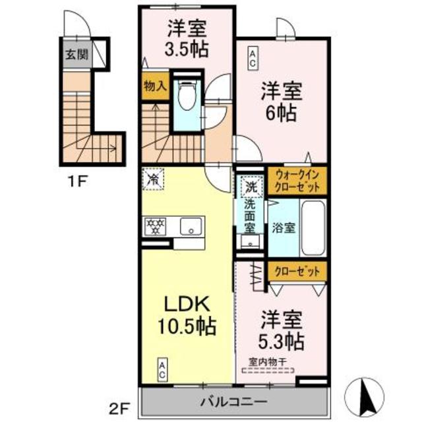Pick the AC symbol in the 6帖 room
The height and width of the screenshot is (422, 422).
tap(253, 57)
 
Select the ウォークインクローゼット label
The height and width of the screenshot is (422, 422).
tap(297, 181)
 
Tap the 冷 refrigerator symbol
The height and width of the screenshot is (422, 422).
tap(153, 178)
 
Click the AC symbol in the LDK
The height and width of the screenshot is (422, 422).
tap(162, 367)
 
